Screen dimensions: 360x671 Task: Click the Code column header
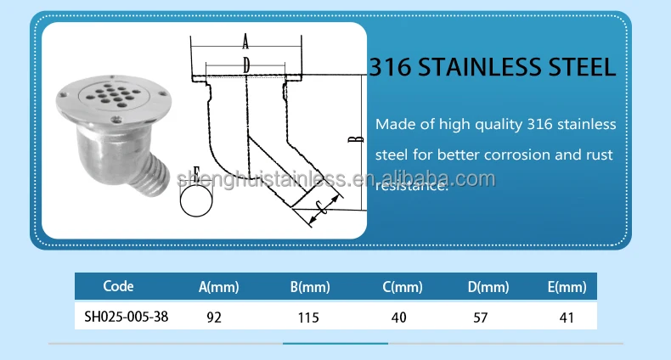point(118,287)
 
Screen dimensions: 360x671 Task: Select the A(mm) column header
point(218,288)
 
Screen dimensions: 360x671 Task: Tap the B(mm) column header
point(309,288)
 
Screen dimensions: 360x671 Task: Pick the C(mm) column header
point(402,288)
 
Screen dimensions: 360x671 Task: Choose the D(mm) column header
point(488,288)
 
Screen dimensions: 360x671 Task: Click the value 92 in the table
point(216,318)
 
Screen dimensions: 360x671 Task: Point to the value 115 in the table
point(307,318)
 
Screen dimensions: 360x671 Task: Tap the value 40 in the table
point(398,318)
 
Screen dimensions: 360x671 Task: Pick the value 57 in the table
point(485,318)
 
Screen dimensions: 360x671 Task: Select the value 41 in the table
point(567,318)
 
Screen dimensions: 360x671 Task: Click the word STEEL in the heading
point(573,67)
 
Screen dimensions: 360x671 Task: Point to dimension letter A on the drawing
point(245,41)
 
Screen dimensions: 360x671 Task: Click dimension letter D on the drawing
point(245,64)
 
